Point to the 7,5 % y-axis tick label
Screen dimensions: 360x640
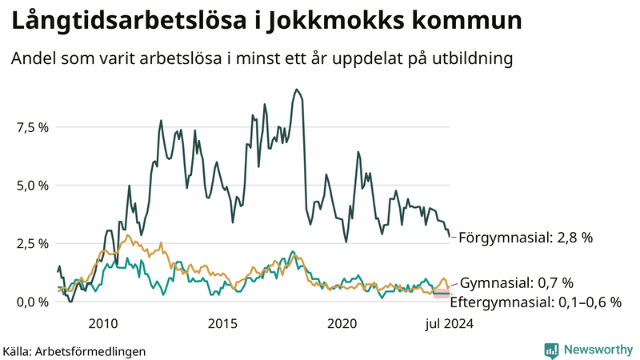[x=32, y=127]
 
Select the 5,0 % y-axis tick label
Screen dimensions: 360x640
[x=32, y=186]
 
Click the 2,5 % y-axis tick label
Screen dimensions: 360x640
[x=32, y=243]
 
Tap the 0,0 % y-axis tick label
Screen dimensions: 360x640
[x=32, y=302]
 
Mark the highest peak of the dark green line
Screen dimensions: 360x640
[x=297, y=90]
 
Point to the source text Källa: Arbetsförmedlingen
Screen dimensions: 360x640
[x=74, y=350]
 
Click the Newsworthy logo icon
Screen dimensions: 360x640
[x=551, y=350]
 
